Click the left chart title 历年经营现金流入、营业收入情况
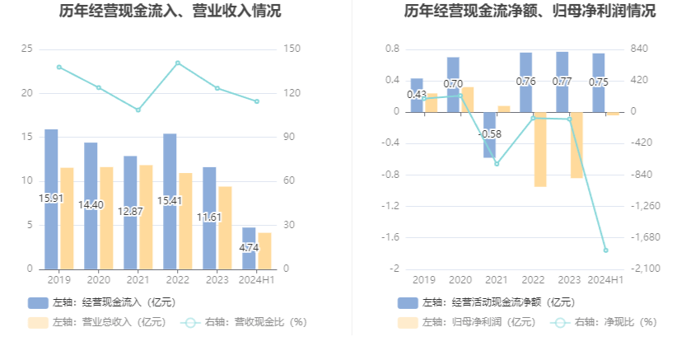tap(170, 12)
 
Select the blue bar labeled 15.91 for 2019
tap(51, 199)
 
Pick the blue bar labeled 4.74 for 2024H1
tap(249, 248)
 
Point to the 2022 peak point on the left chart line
tap(178, 63)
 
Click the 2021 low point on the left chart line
tap(138, 110)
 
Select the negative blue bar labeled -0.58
tap(489, 134)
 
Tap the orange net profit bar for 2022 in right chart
tap(540, 149)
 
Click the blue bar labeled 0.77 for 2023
tap(562, 82)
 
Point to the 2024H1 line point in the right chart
tap(605, 250)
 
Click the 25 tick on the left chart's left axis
tap(27, 49)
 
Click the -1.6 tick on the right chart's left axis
tap(390, 237)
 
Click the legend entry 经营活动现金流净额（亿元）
tap(486, 302)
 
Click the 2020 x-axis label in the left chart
tap(98, 280)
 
